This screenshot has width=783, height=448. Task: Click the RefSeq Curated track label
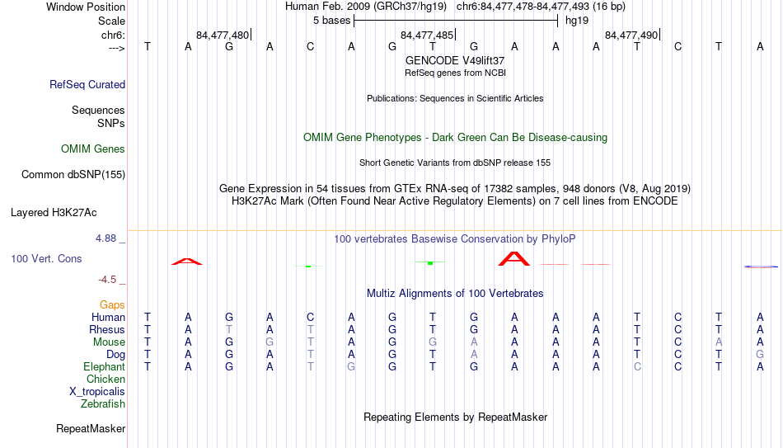pyautogui.click(x=87, y=84)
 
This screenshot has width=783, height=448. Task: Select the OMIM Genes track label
pyautogui.click(x=93, y=149)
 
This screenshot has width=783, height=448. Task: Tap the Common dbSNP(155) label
pyautogui.click(x=73, y=175)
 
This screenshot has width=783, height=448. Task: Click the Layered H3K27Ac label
pyautogui.click(x=54, y=213)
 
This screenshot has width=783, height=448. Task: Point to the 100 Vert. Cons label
pyautogui.click(x=46, y=258)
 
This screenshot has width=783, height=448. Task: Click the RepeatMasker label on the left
pyautogui.click(x=91, y=428)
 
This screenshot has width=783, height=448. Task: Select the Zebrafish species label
pyautogui.click(x=103, y=403)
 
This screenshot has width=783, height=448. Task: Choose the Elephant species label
pyautogui.click(x=105, y=366)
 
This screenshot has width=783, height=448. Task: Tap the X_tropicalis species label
pyautogui.click(x=97, y=392)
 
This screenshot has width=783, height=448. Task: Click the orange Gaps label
pyautogui.click(x=112, y=305)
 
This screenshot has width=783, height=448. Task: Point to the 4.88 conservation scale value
pyautogui.click(x=105, y=238)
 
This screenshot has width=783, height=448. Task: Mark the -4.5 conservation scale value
pyautogui.click(x=107, y=280)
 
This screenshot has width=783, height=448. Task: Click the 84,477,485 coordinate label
pyautogui.click(x=427, y=35)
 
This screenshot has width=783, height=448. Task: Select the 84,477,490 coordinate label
pyautogui.click(x=631, y=35)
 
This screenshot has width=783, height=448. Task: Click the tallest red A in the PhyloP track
pyautogui.click(x=513, y=259)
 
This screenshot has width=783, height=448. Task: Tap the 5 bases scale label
pyautogui.click(x=331, y=21)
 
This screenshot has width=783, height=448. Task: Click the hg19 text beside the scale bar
pyautogui.click(x=577, y=21)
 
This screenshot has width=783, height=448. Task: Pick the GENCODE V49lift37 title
pyautogui.click(x=455, y=60)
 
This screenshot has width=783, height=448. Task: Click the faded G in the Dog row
pyautogui.click(x=760, y=355)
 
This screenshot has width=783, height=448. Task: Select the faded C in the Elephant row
pyautogui.click(x=637, y=366)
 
